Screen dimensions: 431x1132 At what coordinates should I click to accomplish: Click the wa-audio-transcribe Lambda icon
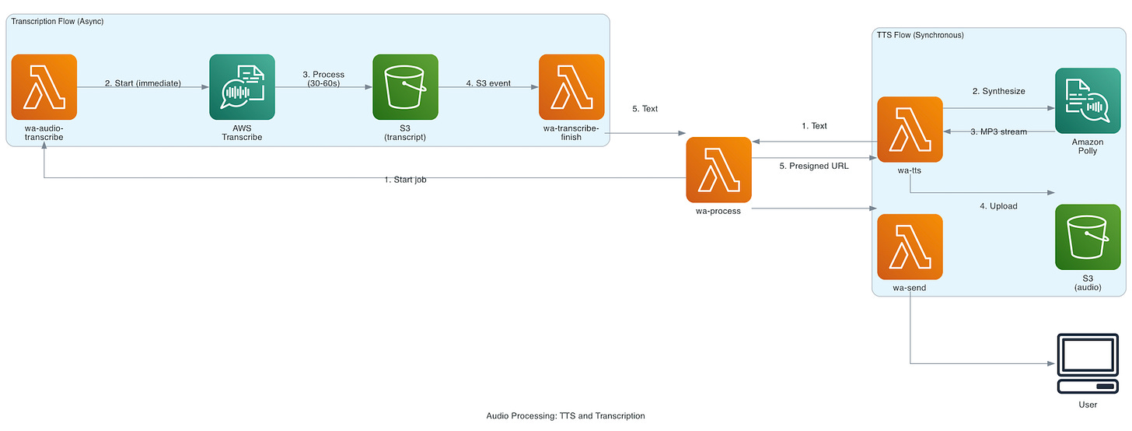[x=44, y=87]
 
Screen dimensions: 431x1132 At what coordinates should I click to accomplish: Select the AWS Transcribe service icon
[x=242, y=87]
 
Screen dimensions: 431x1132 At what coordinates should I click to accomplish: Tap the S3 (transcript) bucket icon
[x=405, y=87]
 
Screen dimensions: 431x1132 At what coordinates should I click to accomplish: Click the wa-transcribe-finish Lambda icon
[x=571, y=87]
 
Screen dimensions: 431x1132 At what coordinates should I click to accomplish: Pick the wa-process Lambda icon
[x=718, y=170]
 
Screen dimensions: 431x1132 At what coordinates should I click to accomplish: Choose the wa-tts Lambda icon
[x=910, y=130]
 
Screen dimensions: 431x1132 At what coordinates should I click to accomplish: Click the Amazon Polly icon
[x=1087, y=101]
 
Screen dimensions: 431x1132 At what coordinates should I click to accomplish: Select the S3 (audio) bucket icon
[x=1087, y=237]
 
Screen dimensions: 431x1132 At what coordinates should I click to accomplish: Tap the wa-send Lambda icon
[x=910, y=247]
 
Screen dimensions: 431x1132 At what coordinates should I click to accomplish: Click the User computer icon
[x=1087, y=364]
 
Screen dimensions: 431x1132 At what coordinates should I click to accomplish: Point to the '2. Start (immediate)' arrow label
[x=143, y=83]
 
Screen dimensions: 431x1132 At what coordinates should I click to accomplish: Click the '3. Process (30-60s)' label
[x=323, y=79]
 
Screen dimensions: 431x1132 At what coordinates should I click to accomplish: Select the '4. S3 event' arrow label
[x=488, y=83]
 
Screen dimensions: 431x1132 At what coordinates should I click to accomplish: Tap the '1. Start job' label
[x=406, y=180]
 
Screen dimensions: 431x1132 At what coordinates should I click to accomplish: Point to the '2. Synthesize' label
[x=998, y=91]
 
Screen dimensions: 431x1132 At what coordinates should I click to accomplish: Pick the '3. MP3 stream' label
[x=998, y=131]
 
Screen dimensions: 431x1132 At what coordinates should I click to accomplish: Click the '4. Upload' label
[x=998, y=206]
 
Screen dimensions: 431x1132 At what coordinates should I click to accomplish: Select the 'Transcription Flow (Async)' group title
[x=58, y=21]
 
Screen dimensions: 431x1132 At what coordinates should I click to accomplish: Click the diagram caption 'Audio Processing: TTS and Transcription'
[x=565, y=416]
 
